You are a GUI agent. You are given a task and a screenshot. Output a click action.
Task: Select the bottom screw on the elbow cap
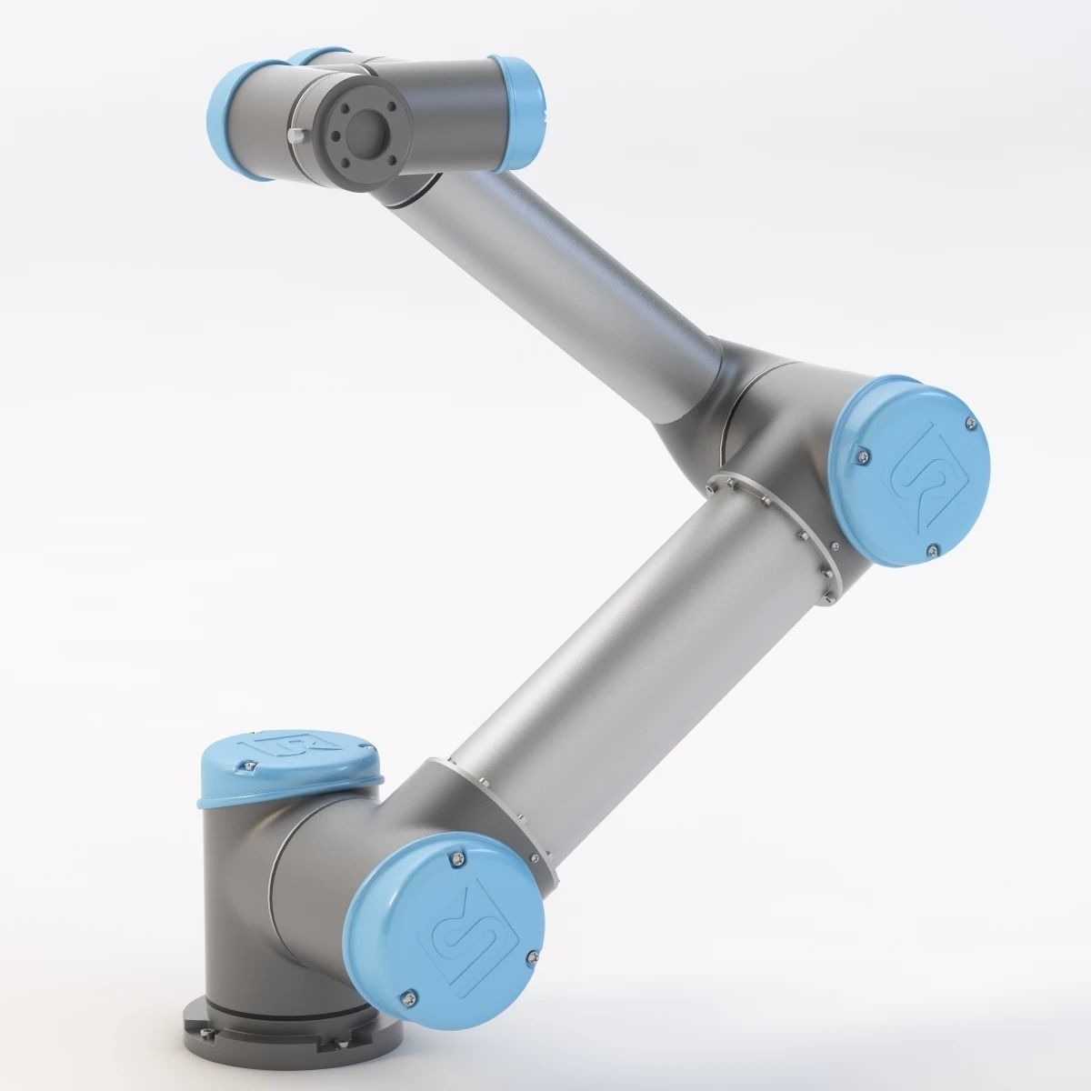(x=933, y=549)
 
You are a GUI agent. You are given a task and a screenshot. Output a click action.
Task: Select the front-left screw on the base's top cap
(x=242, y=770)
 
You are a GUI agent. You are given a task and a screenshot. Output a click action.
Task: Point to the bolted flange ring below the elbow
(x=773, y=528)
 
